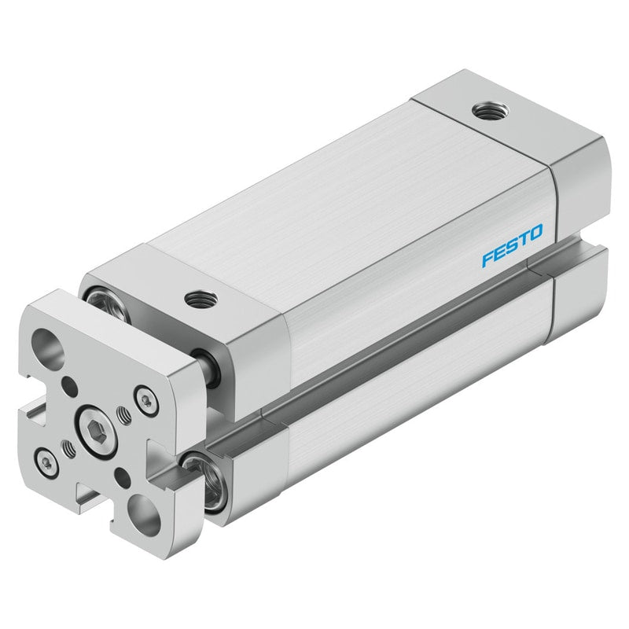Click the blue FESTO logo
[512, 245]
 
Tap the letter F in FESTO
[488, 259]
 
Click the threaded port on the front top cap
[201, 300]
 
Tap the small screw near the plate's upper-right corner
[145, 400]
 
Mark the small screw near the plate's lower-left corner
[47, 464]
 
